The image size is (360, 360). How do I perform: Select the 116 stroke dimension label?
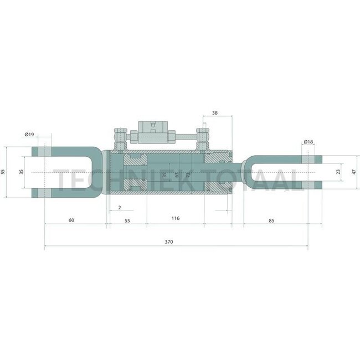(x=175, y=219)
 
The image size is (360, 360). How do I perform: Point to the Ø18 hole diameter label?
(x=308, y=142)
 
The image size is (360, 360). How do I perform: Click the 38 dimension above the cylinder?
(x=215, y=112)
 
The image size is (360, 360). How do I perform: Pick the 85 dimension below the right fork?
(x=271, y=220)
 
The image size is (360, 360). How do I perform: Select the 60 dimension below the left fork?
(x=71, y=220)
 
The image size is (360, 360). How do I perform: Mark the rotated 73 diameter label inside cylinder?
(x=188, y=175)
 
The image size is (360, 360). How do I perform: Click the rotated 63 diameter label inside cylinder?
(x=177, y=175)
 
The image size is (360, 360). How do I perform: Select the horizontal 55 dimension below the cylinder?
(x=127, y=220)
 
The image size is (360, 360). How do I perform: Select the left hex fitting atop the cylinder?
(x=119, y=136)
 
